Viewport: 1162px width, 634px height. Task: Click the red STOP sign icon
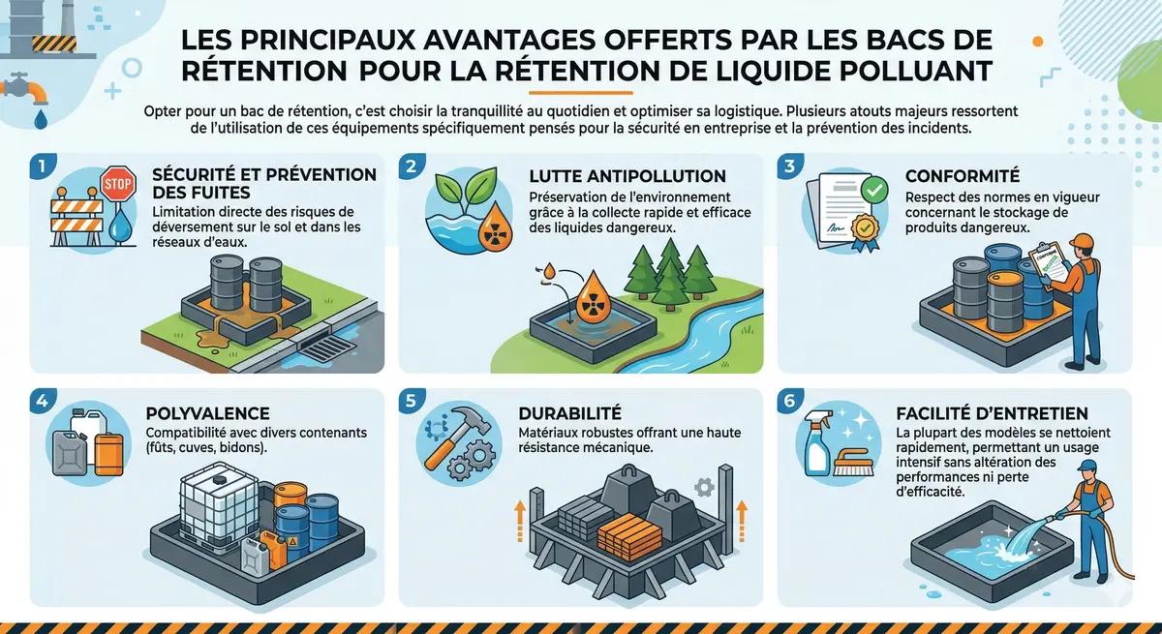[x=117, y=184]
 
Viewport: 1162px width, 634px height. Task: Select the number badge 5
[x=411, y=400]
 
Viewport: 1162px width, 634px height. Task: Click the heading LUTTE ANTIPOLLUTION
[x=627, y=176]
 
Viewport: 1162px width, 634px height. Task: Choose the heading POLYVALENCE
[x=208, y=413]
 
